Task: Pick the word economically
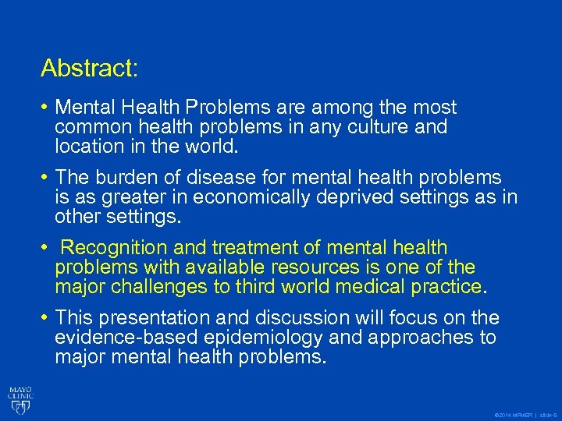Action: [x=253, y=196]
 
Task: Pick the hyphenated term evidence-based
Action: [x=126, y=337]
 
